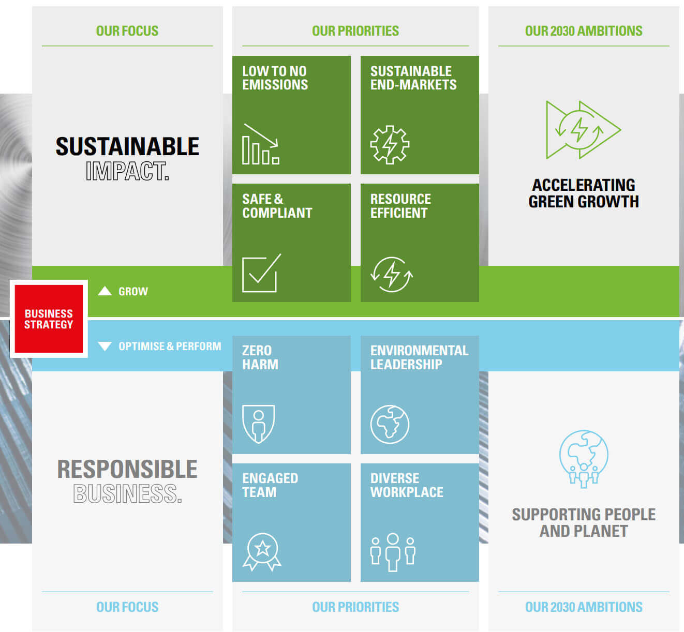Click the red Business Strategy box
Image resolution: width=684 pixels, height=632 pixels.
(49, 319)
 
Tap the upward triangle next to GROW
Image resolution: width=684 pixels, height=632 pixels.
(105, 291)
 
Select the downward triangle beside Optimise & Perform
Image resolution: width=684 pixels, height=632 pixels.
(105, 346)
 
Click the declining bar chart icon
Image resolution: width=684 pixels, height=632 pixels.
(261, 144)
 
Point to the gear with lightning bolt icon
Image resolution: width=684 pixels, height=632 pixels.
(390, 144)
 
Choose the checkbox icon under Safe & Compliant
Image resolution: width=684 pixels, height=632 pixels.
(261, 273)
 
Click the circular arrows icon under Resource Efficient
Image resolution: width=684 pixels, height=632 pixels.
(392, 275)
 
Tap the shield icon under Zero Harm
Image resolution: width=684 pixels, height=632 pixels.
(258, 424)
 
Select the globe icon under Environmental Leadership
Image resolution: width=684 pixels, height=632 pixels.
(390, 424)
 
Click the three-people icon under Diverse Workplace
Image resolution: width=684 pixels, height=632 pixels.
(393, 552)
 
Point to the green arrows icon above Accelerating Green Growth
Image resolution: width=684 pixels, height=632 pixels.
(584, 130)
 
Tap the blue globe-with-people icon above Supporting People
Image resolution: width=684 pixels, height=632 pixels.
(584, 459)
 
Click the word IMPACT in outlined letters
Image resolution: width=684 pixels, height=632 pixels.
(127, 171)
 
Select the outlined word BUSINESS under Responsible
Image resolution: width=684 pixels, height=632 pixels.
(127, 493)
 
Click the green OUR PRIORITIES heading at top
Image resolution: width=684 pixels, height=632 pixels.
(355, 31)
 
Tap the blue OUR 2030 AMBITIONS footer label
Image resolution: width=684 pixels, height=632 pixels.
(584, 607)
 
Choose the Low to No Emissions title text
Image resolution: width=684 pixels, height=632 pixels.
(275, 78)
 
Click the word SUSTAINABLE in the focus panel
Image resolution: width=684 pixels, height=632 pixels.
(127, 146)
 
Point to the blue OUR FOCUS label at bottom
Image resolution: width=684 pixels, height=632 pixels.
(127, 607)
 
